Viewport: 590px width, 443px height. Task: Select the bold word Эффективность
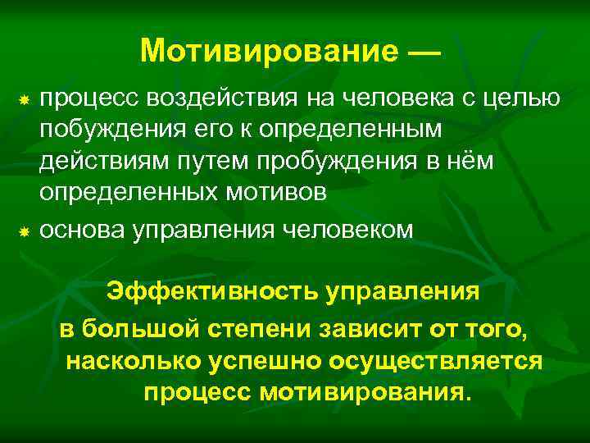(210, 292)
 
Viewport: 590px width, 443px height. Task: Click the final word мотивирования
(365, 391)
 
